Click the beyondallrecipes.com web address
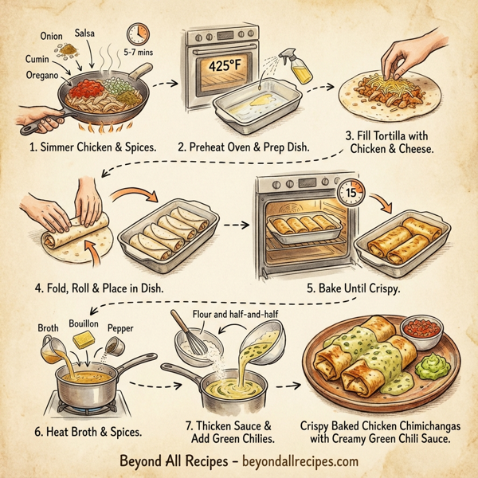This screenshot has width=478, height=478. [x=292, y=460]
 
